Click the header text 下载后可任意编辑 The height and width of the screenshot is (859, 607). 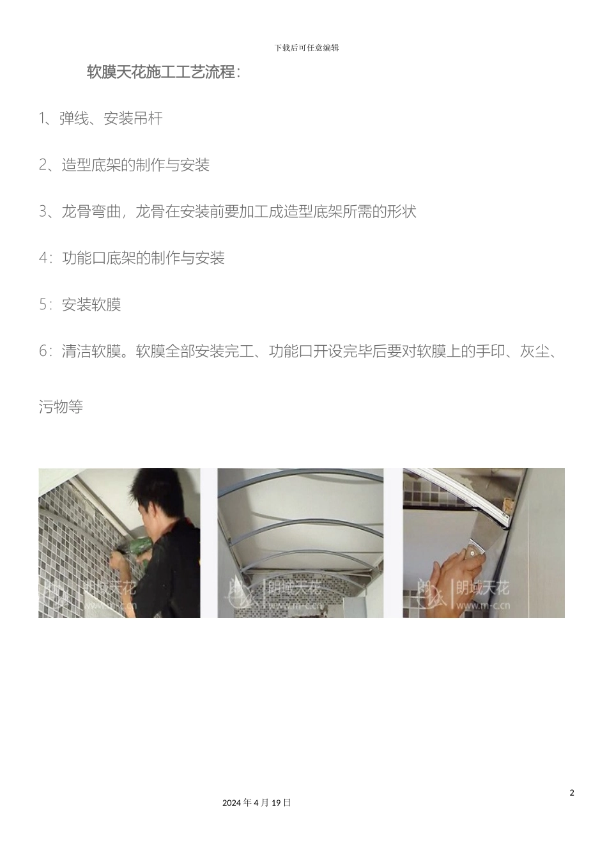coord(307,48)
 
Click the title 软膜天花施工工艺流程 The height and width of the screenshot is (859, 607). coord(163,72)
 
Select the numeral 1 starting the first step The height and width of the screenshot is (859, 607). coord(42,119)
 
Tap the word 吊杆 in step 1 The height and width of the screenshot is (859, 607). coord(148,119)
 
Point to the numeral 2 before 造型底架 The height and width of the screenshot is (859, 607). coord(43,166)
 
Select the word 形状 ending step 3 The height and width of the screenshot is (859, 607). coord(402,212)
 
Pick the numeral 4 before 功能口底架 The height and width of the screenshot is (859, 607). coord(43,258)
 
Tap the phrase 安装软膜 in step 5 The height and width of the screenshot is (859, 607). coord(91,305)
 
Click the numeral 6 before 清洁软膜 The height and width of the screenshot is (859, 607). coord(43,352)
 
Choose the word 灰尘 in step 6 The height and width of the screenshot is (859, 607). coord(535,352)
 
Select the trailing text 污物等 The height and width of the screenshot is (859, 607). coord(61,407)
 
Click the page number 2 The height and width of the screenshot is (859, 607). coord(572,793)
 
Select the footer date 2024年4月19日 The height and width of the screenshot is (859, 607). coord(257,803)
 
